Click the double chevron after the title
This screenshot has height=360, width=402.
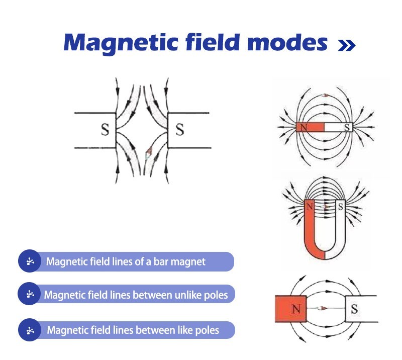[x=347, y=46]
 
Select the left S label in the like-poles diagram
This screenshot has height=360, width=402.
[x=105, y=130]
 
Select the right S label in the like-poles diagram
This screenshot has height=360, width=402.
[x=179, y=130]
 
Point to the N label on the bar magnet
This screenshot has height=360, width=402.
[x=304, y=127]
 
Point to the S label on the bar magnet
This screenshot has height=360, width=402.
[x=347, y=127]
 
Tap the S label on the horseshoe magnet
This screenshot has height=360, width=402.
[x=340, y=205]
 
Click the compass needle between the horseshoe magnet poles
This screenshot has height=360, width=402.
[x=325, y=206]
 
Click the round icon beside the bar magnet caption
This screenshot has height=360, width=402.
[x=30, y=261]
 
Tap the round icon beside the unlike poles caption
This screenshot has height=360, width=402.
[x=30, y=294]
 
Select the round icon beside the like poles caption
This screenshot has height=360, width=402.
[x=30, y=330]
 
